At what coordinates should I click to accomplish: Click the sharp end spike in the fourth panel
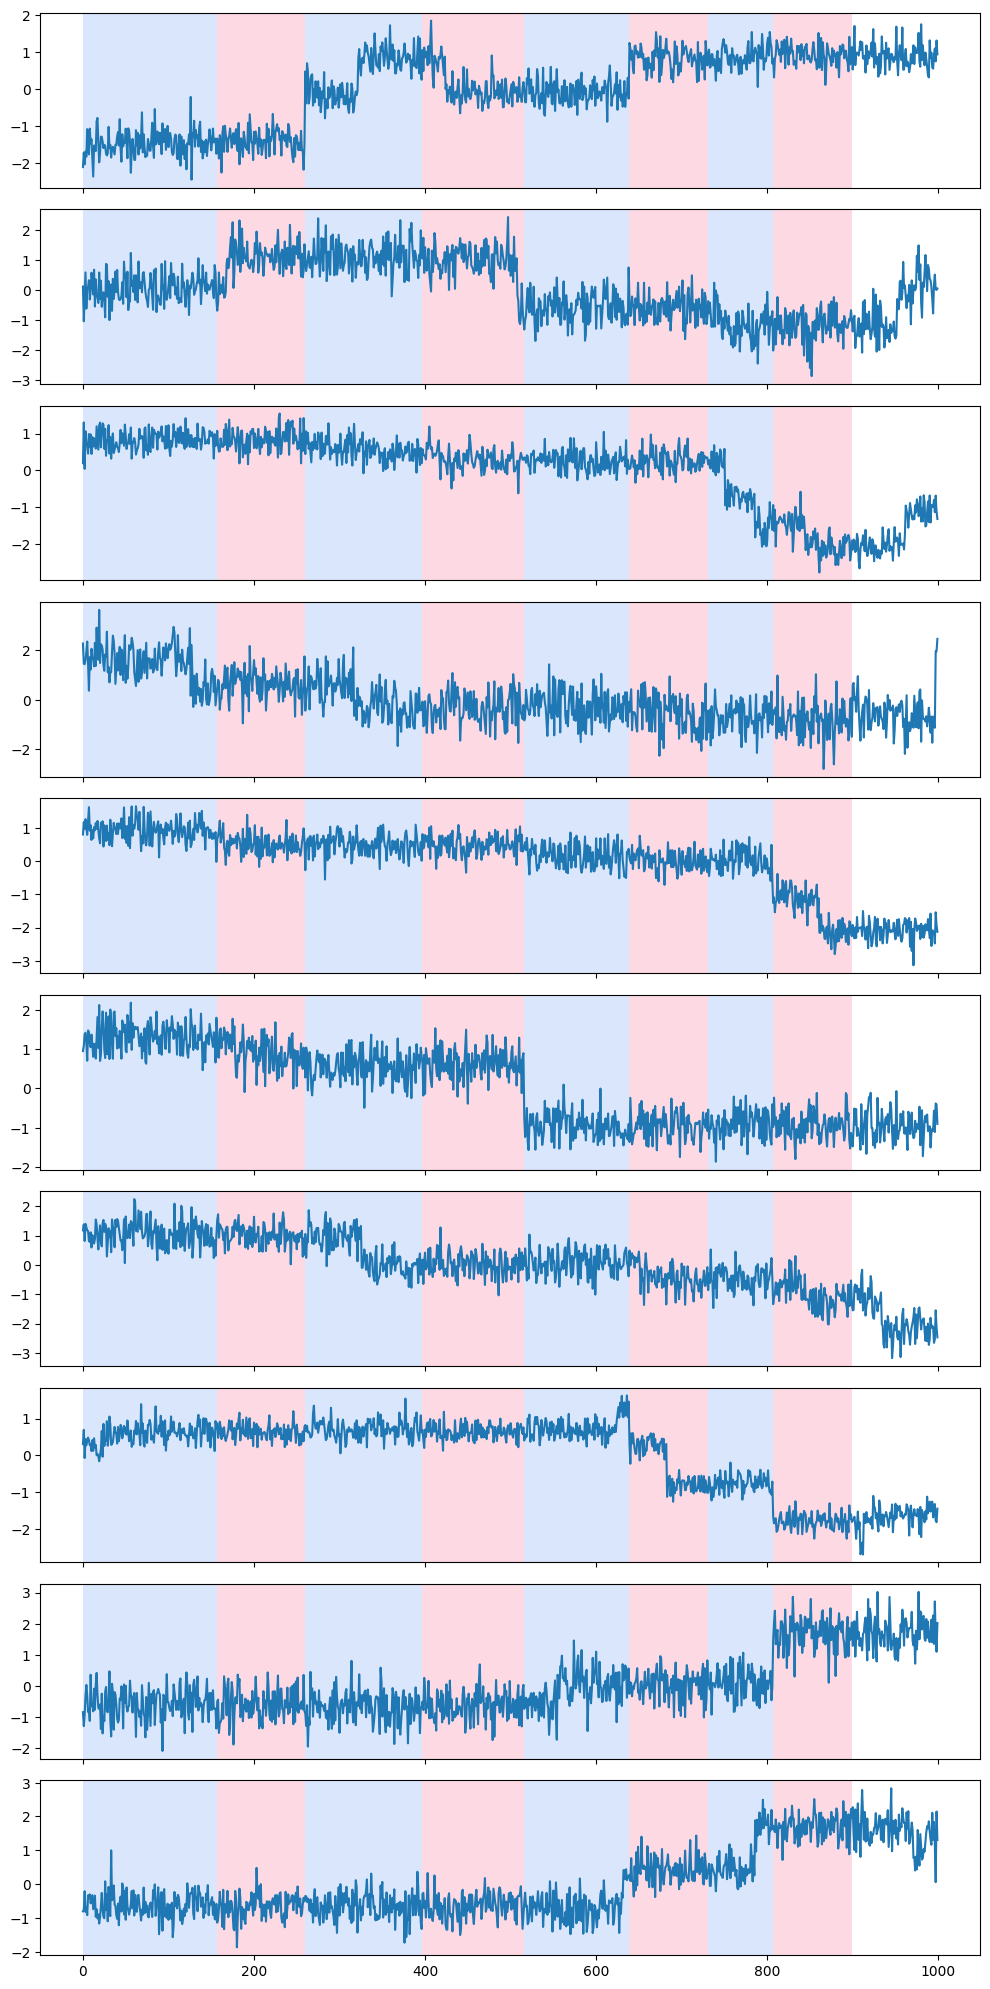tap(937, 640)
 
